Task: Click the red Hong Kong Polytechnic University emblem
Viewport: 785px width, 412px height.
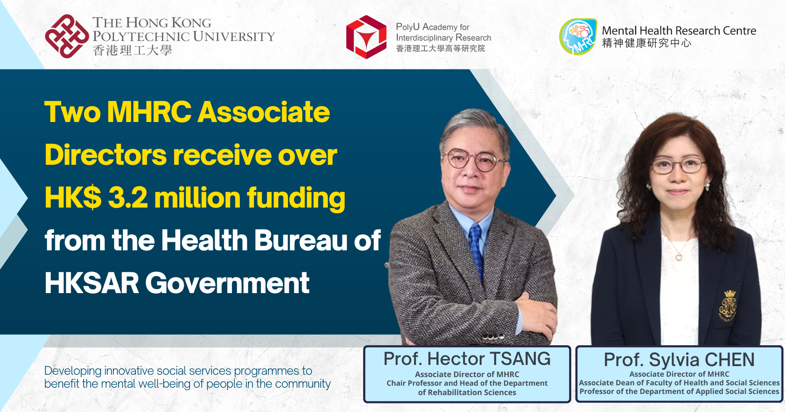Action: pyautogui.click(x=67, y=36)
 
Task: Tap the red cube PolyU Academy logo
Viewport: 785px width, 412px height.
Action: pyautogui.click(x=366, y=37)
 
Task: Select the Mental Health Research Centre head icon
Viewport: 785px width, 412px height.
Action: pyautogui.click(x=578, y=36)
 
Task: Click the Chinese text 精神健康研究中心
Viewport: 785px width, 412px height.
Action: pyautogui.click(x=646, y=43)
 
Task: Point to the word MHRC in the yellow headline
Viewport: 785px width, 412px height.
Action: pyautogui.click(x=149, y=112)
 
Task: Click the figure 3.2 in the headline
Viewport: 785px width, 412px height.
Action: pyautogui.click(x=128, y=197)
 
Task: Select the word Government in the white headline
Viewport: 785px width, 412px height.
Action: pyautogui.click(x=228, y=283)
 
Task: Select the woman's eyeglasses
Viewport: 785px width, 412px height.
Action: pyautogui.click(x=678, y=165)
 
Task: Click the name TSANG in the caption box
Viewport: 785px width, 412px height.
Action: pyautogui.click(x=520, y=359)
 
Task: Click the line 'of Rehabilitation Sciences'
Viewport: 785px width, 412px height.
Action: pyautogui.click(x=467, y=392)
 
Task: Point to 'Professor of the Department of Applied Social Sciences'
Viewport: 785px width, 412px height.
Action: pyautogui.click(x=679, y=392)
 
